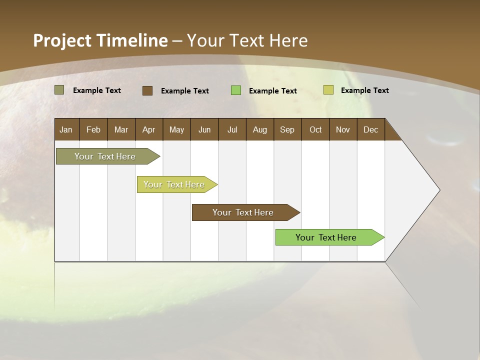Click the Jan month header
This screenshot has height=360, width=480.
point(66,129)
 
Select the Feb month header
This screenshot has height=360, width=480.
point(93,129)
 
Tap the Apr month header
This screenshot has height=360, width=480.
point(148,129)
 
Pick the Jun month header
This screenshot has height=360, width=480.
point(204,129)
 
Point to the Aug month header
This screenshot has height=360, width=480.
point(259,129)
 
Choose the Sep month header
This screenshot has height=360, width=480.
point(287,129)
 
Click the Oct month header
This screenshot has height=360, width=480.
point(315,129)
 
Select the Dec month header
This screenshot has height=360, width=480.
point(370,129)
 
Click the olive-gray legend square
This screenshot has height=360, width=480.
point(59,90)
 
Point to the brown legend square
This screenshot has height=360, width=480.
point(147,90)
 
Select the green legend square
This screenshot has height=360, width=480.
point(236,90)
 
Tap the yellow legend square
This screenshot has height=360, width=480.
point(328,90)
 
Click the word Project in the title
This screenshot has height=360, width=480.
point(61,40)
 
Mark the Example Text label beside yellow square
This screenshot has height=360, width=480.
point(364,90)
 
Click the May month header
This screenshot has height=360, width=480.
point(176,129)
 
